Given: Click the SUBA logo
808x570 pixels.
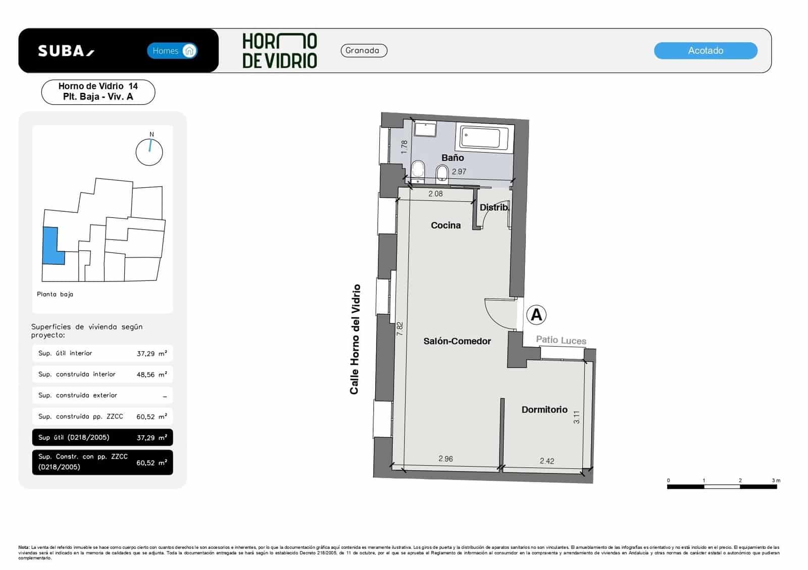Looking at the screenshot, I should [66, 51].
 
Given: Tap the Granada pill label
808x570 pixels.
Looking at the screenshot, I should [364, 50].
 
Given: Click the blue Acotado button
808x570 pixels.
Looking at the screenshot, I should [705, 50].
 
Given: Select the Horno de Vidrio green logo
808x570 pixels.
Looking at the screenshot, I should [279, 50].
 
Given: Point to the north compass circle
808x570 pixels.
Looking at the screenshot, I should [149, 152].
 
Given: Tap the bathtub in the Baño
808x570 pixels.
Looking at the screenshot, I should [484, 137].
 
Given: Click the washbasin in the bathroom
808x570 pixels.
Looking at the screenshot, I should [425, 129].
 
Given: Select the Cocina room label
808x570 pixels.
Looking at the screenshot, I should [445, 225].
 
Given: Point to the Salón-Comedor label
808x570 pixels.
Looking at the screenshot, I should [457, 341].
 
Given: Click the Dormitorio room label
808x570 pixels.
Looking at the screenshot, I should [544, 410].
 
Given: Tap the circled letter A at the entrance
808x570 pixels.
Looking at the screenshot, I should [536, 315].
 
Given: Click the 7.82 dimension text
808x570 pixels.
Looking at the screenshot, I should [400, 329].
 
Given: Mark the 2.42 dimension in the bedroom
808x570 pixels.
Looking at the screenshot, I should [546, 461].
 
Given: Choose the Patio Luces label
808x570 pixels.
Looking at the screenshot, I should [561, 340].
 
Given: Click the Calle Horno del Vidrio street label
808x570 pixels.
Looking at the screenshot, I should [356, 339].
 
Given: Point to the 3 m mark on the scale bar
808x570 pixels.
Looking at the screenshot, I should [776, 481].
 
